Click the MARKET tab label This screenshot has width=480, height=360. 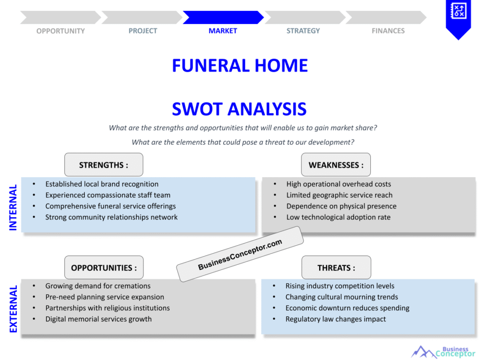point(223,31)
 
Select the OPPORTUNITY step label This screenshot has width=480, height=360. point(60,31)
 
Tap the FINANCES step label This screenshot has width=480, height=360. point(388,31)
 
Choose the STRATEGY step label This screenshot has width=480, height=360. point(303,31)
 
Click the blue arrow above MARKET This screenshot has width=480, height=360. point(223,17)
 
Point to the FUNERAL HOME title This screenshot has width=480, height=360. point(240,66)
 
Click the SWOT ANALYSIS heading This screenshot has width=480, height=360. point(240,109)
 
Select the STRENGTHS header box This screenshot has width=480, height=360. point(104,165)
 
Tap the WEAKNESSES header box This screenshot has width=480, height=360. point(336,165)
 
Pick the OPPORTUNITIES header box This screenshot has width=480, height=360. point(104,268)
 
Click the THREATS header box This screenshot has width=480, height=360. point(336,268)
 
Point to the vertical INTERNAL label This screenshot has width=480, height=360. point(13,207)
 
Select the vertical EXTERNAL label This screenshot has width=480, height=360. point(13,309)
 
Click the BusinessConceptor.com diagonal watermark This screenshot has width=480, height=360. point(240,255)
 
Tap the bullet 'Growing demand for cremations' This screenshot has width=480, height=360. point(98,286)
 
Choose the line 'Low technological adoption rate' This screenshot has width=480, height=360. point(338,217)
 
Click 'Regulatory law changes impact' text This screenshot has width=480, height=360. point(336,319)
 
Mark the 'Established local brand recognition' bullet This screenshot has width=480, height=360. point(102,184)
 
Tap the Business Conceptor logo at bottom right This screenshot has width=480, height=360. point(443,352)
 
